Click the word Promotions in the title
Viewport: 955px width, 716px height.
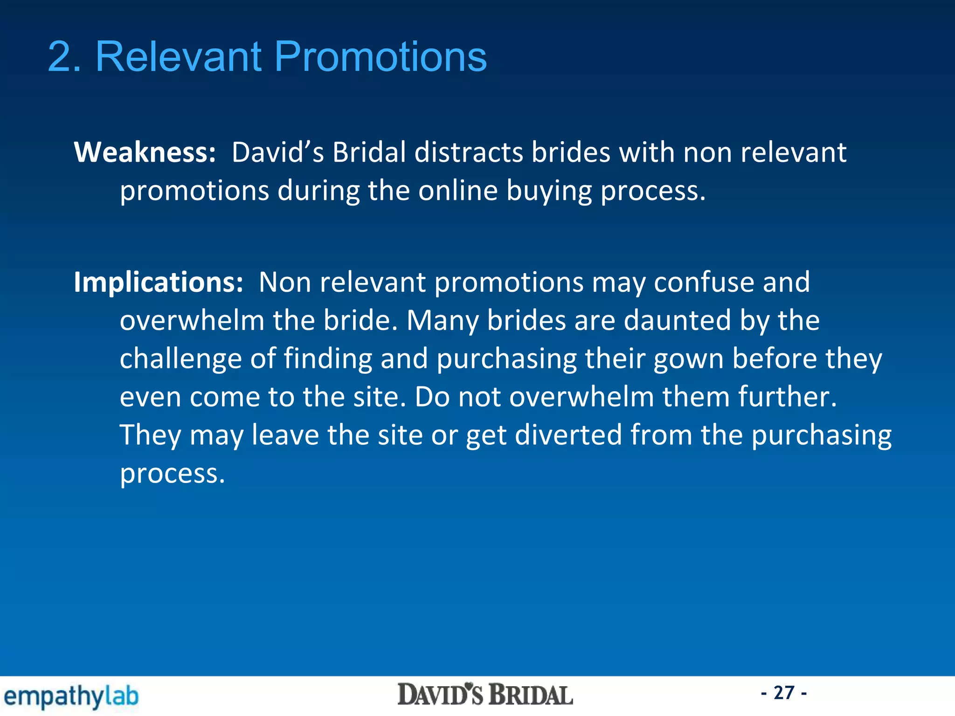381,57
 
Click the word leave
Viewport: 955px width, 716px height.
285,435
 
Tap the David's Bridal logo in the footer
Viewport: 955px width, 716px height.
485,695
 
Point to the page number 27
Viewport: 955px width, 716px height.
784,693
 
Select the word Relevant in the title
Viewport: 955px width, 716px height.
178,57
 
